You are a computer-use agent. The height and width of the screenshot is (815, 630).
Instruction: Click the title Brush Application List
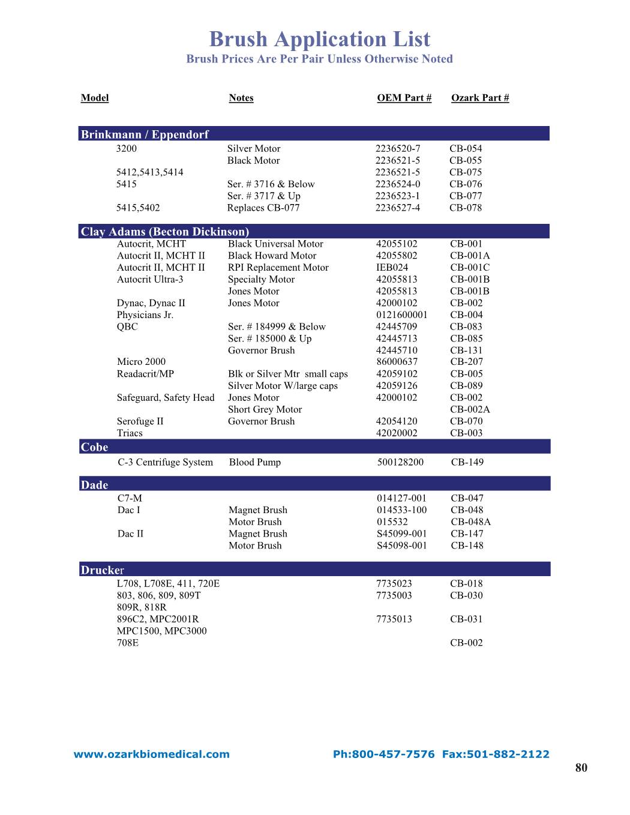point(319,40)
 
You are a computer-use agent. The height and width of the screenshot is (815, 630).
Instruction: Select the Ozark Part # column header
point(480,98)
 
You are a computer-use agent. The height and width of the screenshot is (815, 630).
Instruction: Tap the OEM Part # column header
point(404,98)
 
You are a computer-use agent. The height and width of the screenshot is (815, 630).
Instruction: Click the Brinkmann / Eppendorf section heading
point(145,134)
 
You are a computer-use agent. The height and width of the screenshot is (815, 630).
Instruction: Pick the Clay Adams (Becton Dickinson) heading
point(164,232)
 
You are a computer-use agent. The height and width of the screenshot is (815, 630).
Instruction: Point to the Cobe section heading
point(94,447)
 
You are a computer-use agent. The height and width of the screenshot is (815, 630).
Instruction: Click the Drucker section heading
point(102,570)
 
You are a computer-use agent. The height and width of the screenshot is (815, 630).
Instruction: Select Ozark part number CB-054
point(466,149)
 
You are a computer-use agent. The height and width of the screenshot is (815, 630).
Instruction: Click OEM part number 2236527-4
point(398,208)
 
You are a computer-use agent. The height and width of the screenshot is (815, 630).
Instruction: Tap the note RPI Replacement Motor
point(278,268)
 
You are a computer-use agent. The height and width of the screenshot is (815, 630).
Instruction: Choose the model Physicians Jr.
point(145,315)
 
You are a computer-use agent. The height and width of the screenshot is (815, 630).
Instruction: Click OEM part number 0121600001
point(401,315)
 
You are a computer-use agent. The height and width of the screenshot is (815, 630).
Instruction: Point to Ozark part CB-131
point(466,350)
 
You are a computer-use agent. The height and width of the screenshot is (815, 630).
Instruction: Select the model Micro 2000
point(141,361)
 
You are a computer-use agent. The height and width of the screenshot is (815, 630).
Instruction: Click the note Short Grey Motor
point(265,409)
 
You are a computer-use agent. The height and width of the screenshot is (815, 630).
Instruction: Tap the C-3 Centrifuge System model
point(165,462)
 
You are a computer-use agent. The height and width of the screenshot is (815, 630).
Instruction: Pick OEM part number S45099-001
point(401,534)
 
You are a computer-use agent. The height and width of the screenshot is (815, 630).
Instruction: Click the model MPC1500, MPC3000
point(161,631)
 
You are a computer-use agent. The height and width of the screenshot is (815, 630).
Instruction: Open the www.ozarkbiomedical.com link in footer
point(151,754)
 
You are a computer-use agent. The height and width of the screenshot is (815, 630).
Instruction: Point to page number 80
point(581,768)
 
